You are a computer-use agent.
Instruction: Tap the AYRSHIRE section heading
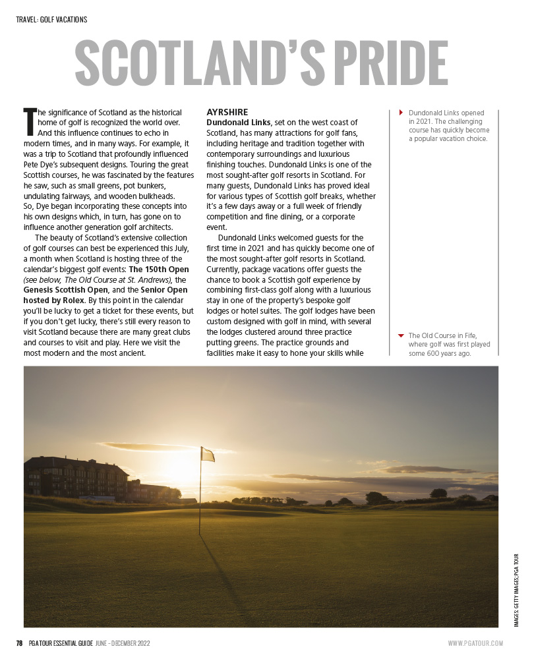pyautogui.click(x=227, y=112)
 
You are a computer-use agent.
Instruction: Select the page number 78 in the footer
pyautogui.click(x=20, y=643)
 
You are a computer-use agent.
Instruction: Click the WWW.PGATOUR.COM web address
pyautogui.click(x=475, y=643)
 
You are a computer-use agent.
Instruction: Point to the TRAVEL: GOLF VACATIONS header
pyautogui.click(x=51, y=20)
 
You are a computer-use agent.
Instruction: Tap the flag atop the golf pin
pyautogui.click(x=208, y=454)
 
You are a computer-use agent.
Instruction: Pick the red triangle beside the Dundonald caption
pyautogui.click(x=401, y=113)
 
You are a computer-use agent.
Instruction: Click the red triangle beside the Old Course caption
pyautogui.click(x=401, y=335)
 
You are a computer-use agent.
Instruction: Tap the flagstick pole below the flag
pyautogui.click(x=200, y=501)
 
